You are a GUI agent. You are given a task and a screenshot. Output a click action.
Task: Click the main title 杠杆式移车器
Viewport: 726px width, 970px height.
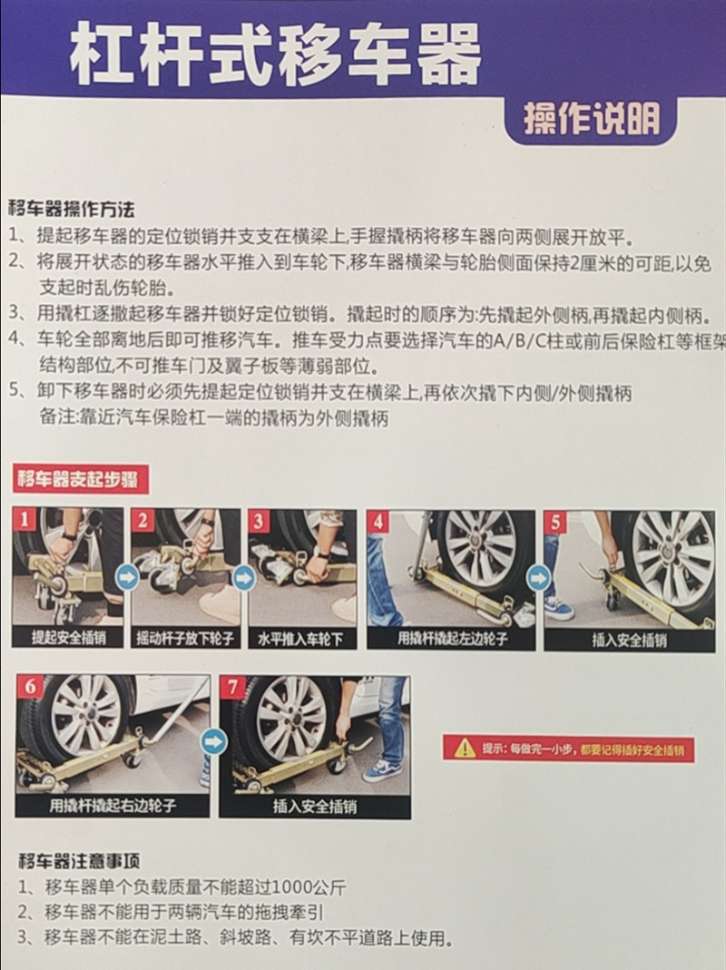click(x=275, y=55)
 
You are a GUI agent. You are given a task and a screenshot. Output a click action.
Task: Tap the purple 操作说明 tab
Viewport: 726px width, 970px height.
click(x=592, y=120)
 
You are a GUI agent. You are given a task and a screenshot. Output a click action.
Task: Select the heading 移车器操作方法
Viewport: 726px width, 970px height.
click(x=71, y=209)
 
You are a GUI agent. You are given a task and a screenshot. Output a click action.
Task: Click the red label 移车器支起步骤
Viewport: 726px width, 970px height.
click(x=79, y=479)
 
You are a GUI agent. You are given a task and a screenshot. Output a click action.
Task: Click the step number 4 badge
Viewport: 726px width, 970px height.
click(x=378, y=523)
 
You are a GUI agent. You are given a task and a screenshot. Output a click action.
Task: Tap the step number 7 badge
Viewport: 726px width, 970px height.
click(x=232, y=687)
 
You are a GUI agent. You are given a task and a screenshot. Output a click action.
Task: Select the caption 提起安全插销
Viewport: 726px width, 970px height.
click(x=69, y=637)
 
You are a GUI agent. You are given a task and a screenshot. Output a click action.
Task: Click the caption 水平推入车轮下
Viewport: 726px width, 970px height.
click(x=300, y=639)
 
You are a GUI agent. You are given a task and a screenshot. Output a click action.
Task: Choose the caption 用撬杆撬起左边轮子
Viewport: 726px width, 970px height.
click(x=453, y=639)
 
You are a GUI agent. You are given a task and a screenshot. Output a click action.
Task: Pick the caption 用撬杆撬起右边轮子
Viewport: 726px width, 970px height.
click(x=113, y=806)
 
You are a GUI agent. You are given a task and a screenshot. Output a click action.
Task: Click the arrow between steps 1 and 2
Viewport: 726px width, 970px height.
click(x=127, y=579)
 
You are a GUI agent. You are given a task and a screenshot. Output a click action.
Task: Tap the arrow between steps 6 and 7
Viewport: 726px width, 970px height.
click(x=215, y=741)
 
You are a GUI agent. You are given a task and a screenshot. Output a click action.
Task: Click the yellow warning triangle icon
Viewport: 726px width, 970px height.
click(x=465, y=749)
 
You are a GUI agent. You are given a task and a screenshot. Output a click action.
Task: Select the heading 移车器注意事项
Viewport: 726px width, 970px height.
click(x=79, y=860)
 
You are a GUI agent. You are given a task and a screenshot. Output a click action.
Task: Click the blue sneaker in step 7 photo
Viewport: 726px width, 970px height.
click(x=381, y=770)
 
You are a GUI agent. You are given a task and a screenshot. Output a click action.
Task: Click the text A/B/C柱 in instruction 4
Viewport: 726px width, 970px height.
click(x=525, y=341)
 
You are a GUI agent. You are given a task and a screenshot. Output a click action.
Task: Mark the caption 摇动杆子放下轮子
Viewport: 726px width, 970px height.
click(x=185, y=638)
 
